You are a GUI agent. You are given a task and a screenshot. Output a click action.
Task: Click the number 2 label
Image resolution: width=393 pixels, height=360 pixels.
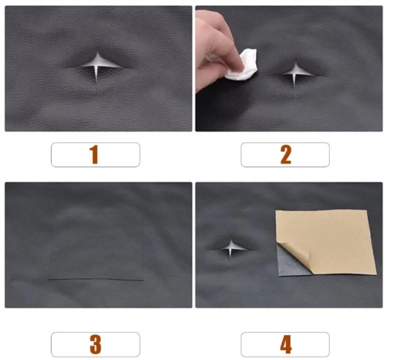[286, 154]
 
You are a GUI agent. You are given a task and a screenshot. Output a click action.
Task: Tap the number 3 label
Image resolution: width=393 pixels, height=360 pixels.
[96, 344]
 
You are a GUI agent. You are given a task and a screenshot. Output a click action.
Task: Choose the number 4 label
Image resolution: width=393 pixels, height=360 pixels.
[286, 344]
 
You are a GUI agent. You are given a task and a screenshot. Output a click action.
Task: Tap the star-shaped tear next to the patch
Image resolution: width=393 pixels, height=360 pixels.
[231, 247]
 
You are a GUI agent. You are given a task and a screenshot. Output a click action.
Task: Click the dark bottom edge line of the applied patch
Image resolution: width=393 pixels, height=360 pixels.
[96, 279]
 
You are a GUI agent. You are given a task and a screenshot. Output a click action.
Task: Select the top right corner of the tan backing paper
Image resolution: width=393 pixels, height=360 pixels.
[367, 211]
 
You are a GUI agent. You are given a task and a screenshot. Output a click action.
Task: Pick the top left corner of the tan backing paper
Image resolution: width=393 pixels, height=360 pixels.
[276, 211]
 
